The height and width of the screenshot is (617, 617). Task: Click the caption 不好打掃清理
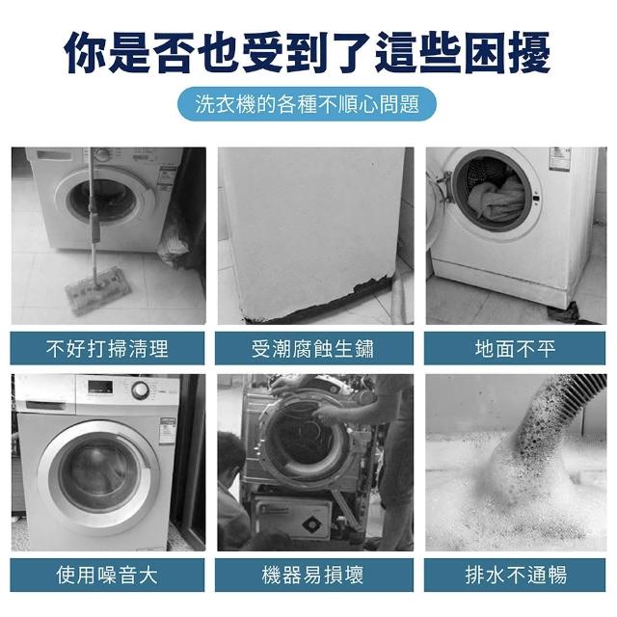[107, 348]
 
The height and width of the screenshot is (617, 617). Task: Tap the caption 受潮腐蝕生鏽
[313, 348]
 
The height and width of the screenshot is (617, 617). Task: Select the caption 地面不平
[515, 348]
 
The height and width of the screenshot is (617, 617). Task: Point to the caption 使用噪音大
[107, 575]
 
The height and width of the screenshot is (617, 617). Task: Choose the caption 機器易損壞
[313, 575]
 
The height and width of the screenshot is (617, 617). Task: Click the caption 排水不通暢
[515, 575]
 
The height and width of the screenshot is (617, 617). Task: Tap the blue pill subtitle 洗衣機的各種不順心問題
[307, 104]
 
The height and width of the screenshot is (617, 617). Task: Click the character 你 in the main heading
[86, 52]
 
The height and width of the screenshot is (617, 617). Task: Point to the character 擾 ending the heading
[528, 52]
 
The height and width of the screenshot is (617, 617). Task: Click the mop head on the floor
[98, 290]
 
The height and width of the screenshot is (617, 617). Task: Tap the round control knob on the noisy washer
[141, 389]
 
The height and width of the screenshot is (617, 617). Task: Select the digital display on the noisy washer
[100, 388]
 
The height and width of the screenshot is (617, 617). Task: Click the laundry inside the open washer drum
[497, 199]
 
